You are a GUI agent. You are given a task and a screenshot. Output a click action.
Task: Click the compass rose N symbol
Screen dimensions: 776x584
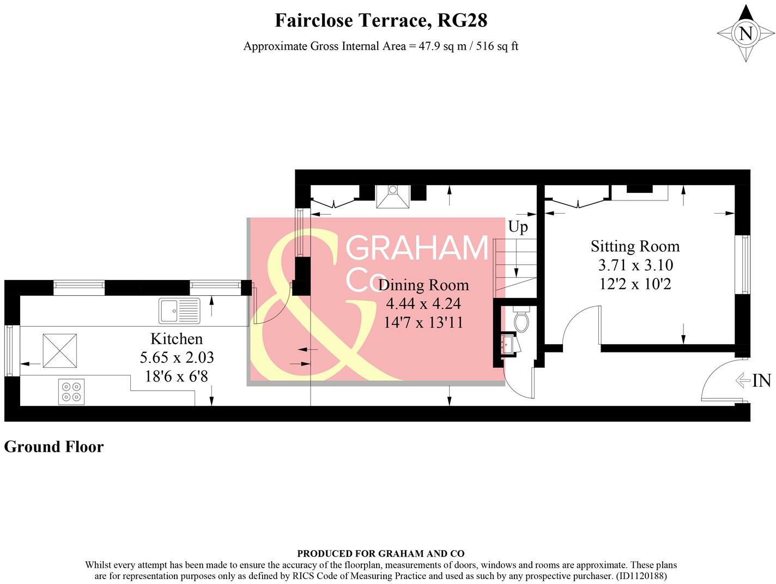[x=745, y=34]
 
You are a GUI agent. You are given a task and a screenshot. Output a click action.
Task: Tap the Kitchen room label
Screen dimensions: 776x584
[x=177, y=339]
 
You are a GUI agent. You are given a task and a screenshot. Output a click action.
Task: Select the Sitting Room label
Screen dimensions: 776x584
[x=635, y=246]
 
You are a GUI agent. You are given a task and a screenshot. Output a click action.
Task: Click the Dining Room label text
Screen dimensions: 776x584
[x=423, y=285]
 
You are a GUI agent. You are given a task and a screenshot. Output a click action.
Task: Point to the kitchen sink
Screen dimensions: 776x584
[x=180, y=311]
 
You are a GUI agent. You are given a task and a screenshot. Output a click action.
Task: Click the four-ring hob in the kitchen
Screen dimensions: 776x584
[x=71, y=392]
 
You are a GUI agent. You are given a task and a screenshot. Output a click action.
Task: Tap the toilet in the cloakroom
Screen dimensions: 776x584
[x=522, y=320]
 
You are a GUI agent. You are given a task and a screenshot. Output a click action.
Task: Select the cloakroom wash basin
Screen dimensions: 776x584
[x=508, y=344]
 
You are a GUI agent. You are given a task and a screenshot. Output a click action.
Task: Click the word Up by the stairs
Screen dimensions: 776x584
[x=518, y=227]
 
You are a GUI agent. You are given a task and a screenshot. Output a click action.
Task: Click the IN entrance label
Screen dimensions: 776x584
[x=762, y=381]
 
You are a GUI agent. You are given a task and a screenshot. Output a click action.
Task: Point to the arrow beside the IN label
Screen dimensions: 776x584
[x=743, y=380]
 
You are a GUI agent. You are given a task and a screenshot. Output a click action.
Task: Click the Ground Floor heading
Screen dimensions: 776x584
[x=54, y=447]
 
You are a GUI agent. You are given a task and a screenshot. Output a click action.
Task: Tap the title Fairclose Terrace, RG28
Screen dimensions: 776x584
[x=381, y=21]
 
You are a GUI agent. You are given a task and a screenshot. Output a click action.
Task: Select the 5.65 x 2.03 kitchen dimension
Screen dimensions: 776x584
[x=177, y=358]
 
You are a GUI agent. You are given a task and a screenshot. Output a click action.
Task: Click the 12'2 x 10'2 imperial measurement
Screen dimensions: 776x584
[x=635, y=284]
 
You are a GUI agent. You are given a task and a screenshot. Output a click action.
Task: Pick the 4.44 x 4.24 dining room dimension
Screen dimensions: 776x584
[x=423, y=303]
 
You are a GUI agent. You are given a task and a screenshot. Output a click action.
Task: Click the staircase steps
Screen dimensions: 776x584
[x=515, y=267]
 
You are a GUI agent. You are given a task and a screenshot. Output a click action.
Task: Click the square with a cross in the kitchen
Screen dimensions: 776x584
[x=60, y=350]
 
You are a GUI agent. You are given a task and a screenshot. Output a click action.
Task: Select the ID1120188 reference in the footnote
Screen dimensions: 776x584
[x=641, y=575]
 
